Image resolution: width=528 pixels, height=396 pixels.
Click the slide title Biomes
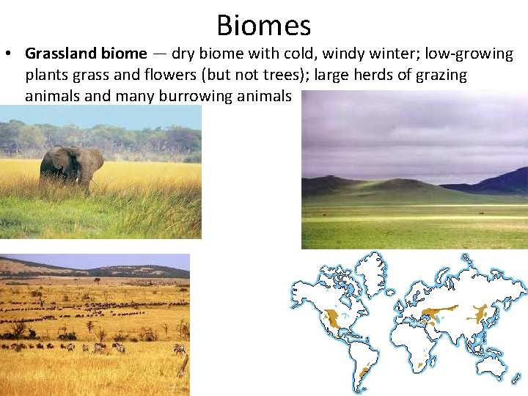coord(264,25)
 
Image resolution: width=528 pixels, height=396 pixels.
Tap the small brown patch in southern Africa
coord(421,364)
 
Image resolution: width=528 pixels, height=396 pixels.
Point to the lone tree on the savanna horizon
coord(98,279)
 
